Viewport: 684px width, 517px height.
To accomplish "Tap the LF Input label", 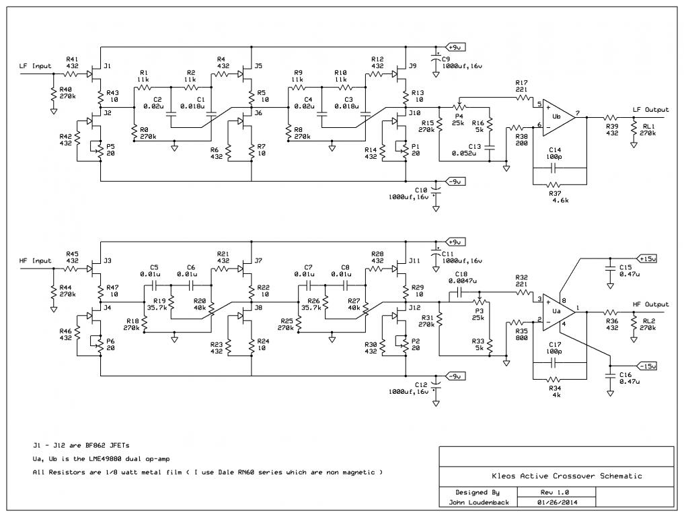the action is click(x=36, y=66).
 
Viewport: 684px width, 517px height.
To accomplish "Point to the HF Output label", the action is click(x=650, y=304).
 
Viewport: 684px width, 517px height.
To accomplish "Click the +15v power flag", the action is click(x=648, y=258).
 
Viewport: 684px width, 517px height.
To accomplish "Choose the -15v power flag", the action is click(x=648, y=366).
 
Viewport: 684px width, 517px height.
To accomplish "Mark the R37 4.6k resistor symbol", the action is click(x=554, y=184).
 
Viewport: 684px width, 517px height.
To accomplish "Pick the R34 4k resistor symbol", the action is click(x=554, y=380).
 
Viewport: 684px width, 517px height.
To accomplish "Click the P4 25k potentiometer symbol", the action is click(x=459, y=106).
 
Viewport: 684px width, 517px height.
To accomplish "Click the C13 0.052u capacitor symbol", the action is click(x=490, y=147).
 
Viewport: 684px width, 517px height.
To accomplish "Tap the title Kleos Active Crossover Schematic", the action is click(x=567, y=476).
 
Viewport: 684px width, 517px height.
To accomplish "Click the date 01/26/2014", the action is click(x=557, y=502).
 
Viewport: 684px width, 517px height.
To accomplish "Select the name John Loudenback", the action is click(x=479, y=502).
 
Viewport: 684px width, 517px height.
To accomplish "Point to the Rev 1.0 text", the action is click(x=557, y=492).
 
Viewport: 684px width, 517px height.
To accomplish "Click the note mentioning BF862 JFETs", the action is click(x=81, y=446).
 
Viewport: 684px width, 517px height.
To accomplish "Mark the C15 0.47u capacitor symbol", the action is click(x=610, y=267).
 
